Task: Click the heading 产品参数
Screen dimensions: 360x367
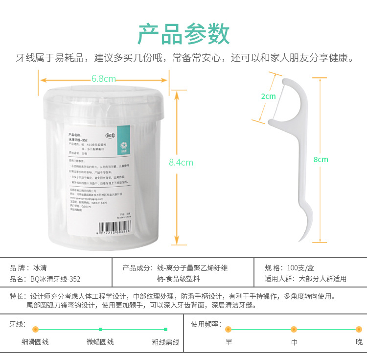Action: tap(183, 34)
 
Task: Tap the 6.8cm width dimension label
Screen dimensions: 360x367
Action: tap(103, 78)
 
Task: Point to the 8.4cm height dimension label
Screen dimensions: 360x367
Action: tap(181, 162)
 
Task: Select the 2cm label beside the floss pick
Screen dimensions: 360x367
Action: tap(268, 96)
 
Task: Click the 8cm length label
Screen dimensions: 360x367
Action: tap(321, 159)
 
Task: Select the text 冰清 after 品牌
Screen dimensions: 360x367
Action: tap(41, 268)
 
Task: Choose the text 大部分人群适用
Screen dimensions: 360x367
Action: tap(322, 279)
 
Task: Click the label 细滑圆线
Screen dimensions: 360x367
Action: tap(35, 342)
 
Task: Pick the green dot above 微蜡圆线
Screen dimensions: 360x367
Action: tap(100, 329)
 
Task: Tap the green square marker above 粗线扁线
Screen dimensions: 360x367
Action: tap(165, 329)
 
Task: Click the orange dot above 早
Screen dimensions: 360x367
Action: tap(228, 329)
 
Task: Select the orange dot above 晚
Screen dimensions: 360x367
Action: tap(359, 329)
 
